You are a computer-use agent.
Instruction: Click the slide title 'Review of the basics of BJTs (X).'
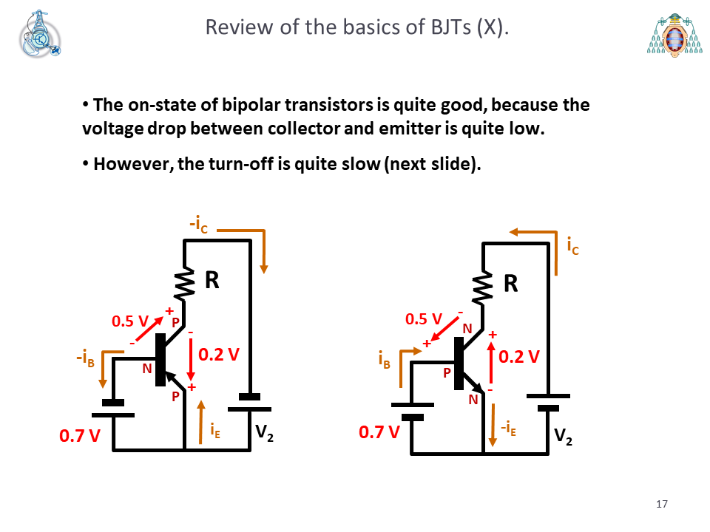coord(356,27)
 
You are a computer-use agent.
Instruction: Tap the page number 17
coord(661,504)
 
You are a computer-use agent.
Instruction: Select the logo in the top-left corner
coord(40,34)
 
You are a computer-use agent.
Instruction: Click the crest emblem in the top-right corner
coord(674,35)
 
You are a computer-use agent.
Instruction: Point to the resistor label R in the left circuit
coord(212,280)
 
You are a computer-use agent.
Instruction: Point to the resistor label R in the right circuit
coord(511,284)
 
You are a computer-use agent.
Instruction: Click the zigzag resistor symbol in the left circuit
coord(185,283)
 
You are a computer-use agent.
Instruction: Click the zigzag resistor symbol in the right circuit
coord(483,287)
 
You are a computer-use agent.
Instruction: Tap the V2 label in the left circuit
coord(265,433)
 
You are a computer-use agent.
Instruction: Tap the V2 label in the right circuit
coord(564,437)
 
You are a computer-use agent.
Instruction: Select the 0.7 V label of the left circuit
coord(80,436)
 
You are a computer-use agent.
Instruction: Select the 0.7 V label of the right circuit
coord(379,432)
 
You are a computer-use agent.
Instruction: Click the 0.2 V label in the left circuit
coord(219,354)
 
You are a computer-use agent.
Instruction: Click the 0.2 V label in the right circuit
coord(519,356)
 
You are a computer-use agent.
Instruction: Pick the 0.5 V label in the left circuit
coord(130,321)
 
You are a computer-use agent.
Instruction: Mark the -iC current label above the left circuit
coord(198,225)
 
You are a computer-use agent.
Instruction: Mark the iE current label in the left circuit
coord(215,430)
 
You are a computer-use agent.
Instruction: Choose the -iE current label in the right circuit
coord(508,428)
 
